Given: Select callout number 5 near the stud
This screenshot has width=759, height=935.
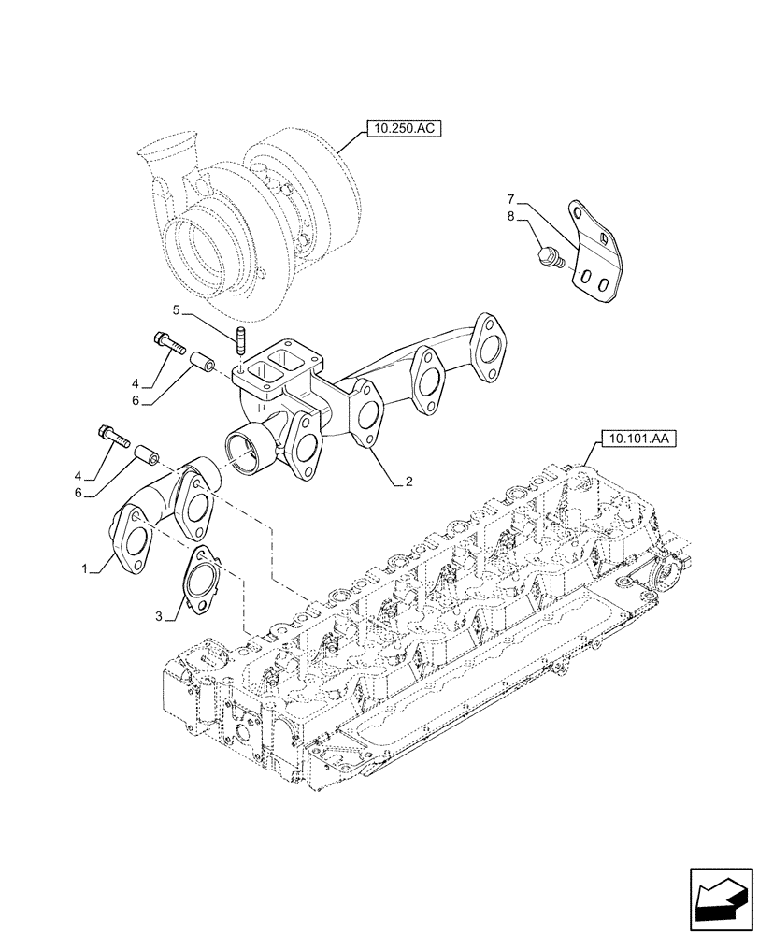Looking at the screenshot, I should (176, 309).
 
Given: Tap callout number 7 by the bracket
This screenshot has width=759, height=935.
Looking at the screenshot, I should (511, 199).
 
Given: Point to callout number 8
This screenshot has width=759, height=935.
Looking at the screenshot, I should (511, 216).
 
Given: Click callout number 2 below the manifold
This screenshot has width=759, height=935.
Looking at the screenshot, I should (408, 483).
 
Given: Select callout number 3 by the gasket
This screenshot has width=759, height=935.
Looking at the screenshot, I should (160, 616).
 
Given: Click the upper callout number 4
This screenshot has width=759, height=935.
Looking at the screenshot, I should (136, 383).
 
